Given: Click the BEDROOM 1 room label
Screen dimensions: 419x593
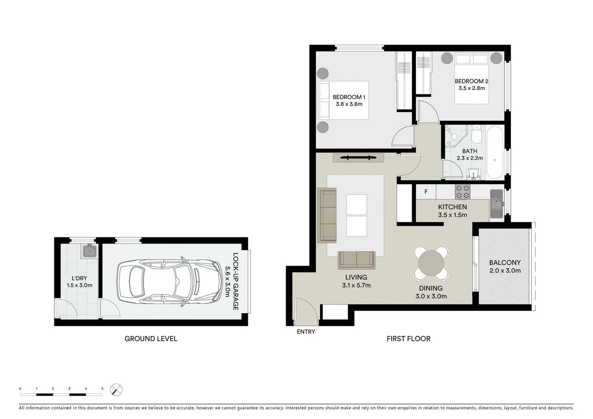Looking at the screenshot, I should [x=349, y=97].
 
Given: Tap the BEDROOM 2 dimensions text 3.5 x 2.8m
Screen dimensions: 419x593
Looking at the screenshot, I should [x=471, y=88].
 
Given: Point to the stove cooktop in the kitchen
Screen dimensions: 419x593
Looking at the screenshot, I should [x=463, y=192].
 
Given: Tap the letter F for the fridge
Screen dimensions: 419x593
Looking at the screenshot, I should [x=426, y=192].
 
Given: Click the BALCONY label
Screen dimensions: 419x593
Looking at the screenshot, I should [x=505, y=263].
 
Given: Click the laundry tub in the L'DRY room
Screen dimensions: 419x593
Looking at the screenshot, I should [x=90, y=251].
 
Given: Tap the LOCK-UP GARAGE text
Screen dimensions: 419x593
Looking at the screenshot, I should [x=235, y=281].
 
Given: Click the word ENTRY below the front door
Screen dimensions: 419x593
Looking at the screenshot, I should [x=306, y=332].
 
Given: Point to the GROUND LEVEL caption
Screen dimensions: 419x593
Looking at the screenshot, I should [x=151, y=339].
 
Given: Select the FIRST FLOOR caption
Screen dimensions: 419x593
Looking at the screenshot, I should [x=408, y=339].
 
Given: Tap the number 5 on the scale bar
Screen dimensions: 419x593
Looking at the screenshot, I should [x=102, y=388].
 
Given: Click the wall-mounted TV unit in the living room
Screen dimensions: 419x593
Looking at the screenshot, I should [x=358, y=158].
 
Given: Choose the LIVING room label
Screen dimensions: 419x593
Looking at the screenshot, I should [x=356, y=277].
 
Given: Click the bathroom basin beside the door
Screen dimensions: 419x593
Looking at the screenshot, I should [x=473, y=174].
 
